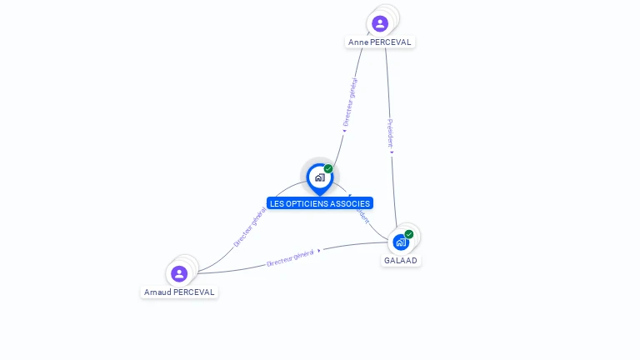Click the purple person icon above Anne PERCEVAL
(x=380, y=23)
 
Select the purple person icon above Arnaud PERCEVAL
(x=179, y=273)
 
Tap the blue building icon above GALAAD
(x=401, y=242)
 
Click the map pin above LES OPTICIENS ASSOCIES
(x=319, y=177)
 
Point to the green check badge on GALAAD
(x=409, y=234)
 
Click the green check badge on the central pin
(x=328, y=169)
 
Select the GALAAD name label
(x=401, y=261)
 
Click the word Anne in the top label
(x=358, y=42)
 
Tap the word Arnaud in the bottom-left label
(x=157, y=292)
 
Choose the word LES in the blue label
(x=277, y=203)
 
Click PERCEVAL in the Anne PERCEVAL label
(x=391, y=42)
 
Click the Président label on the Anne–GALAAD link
(x=390, y=132)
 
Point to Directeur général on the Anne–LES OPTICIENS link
(x=351, y=102)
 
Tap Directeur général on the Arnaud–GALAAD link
(x=290, y=258)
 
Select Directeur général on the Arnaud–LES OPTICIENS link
(x=250, y=227)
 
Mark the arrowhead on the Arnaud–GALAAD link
(x=319, y=250)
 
